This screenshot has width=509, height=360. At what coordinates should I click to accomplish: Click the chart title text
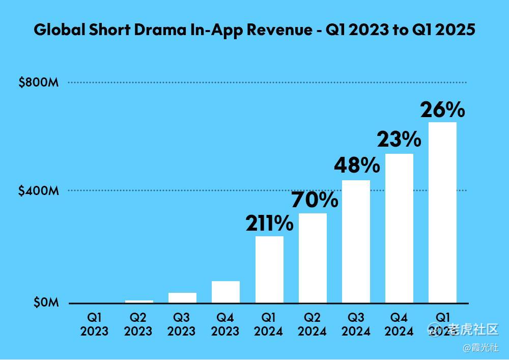click(x=254, y=30)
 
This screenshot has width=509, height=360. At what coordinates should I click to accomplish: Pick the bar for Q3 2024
click(x=356, y=241)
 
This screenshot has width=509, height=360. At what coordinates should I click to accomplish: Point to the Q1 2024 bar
click(x=269, y=269)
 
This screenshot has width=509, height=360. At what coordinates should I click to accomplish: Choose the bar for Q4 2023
click(x=225, y=292)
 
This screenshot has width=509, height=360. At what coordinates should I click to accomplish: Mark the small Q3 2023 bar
click(x=182, y=298)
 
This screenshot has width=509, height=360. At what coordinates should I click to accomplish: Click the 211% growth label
click(x=269, y=223)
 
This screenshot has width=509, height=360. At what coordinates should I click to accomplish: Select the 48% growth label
click(x=356, y=165)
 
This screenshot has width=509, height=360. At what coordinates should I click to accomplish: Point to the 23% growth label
click(x=399, y=139)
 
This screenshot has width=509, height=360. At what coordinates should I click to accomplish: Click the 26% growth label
click(x=442, y=109)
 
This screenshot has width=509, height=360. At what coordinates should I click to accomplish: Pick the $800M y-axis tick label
click(x=39, y=82)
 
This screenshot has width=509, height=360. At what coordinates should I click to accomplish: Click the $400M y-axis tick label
click(x=39, y=191)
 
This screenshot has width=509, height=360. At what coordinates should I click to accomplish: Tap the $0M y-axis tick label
click(x=46, y=302)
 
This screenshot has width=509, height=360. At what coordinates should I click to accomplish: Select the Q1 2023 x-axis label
click(x=94, y=324)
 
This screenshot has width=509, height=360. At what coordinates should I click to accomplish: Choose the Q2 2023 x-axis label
click(x=138, y=324)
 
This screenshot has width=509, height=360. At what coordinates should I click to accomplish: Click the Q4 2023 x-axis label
click(x=225, y=324)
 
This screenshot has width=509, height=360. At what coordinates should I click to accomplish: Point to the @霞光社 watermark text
click(x=480, y=348)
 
